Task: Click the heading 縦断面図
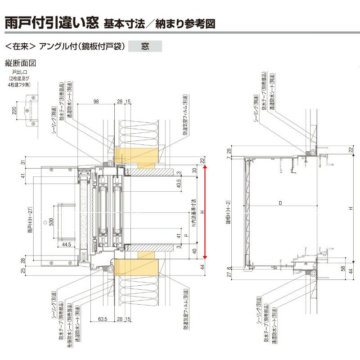coord(20,63)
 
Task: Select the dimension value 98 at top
coord(96,101)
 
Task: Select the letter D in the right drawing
coord(280,203)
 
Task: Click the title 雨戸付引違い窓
coord(51,22)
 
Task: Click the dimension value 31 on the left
coord(22,162)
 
